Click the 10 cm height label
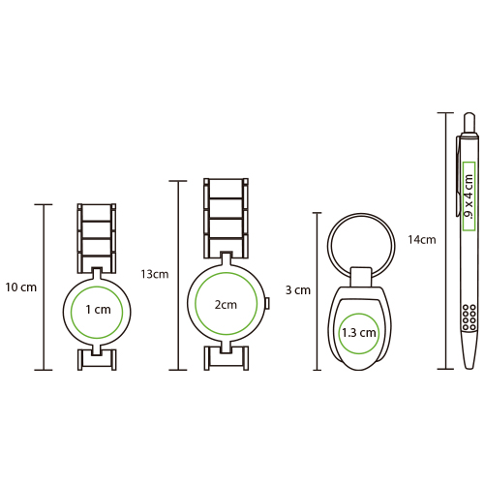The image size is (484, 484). pyautogui.click(x=21, y=287)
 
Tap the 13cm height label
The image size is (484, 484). pyautogui.click(x=155, y=274)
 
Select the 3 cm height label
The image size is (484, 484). pyautogui.click(x=298, y=290)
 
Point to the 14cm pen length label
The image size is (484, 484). pyautogui.click(x=422, y=239)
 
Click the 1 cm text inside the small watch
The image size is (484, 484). pyautogui.click(x=98, y=310)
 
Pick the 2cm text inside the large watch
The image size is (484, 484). pyautogui.click(x=226, y=304)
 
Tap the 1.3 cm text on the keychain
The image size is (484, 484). pyautogui.click(x=359, y=333)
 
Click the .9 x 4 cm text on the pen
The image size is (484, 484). pyautogui.click(x=469, y=197)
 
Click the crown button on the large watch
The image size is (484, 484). pyautogui.click(x=267, y=303)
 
